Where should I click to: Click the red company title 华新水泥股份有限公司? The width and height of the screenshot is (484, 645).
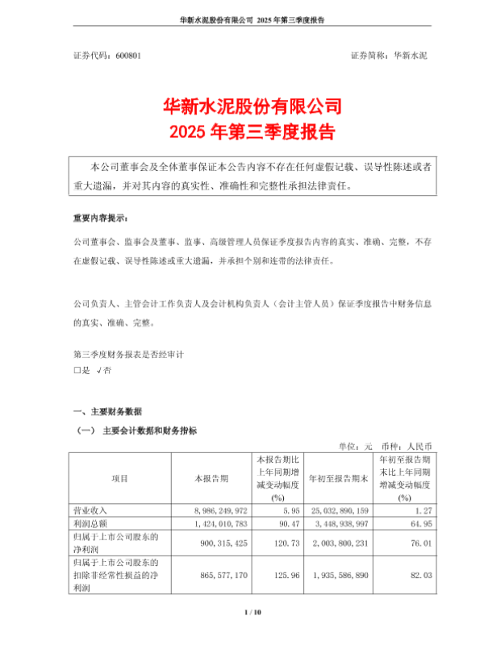click(x=242, y=105)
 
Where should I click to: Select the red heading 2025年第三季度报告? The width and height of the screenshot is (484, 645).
click(x=242, y=130)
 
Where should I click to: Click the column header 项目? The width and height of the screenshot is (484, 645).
click(x=119, y=478)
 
